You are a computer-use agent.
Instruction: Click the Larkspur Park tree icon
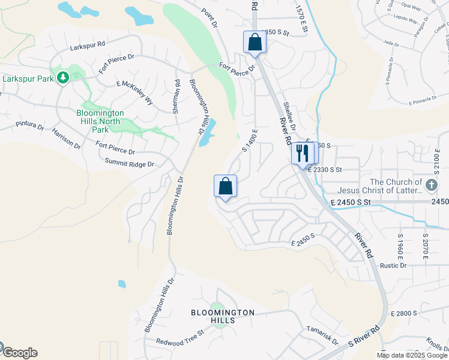(x=62, y=77)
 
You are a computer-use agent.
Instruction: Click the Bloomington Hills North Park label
(x=101, y=121)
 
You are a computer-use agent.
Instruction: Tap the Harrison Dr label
(x=66, y=138)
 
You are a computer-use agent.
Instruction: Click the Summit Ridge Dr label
(x=129, y=163)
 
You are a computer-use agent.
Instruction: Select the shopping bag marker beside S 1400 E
(x=226, y=187)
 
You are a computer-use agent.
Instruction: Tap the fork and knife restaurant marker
(x=302, y=153)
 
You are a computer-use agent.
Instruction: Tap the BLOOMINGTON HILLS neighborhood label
(x=223, y=317)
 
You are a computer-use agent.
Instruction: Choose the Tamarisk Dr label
(x=322, y=333)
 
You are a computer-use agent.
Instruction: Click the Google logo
(x=20, y=353)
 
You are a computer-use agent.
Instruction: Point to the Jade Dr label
(x=391, y=43)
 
